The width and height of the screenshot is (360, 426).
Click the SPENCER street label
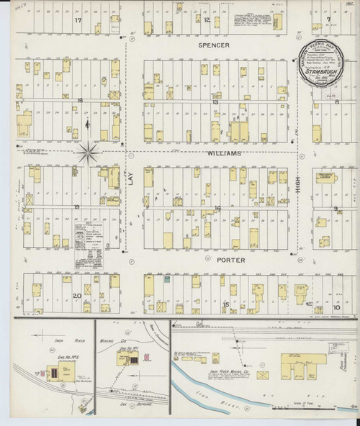(x=214, y=45)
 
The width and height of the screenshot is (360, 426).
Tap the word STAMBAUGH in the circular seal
(x=326, y=72)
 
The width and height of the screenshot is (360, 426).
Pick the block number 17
(x=77, y=21)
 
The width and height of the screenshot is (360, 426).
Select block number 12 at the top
(x=206, y=20)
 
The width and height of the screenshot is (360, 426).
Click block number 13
(x=215, y=102)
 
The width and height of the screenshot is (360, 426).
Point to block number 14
(x=217, y=208)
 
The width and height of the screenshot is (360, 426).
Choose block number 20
(x=76, y=296)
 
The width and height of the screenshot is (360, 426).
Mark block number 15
(x=225, y=304)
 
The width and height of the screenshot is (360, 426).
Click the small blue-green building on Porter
(x=166, y=279)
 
